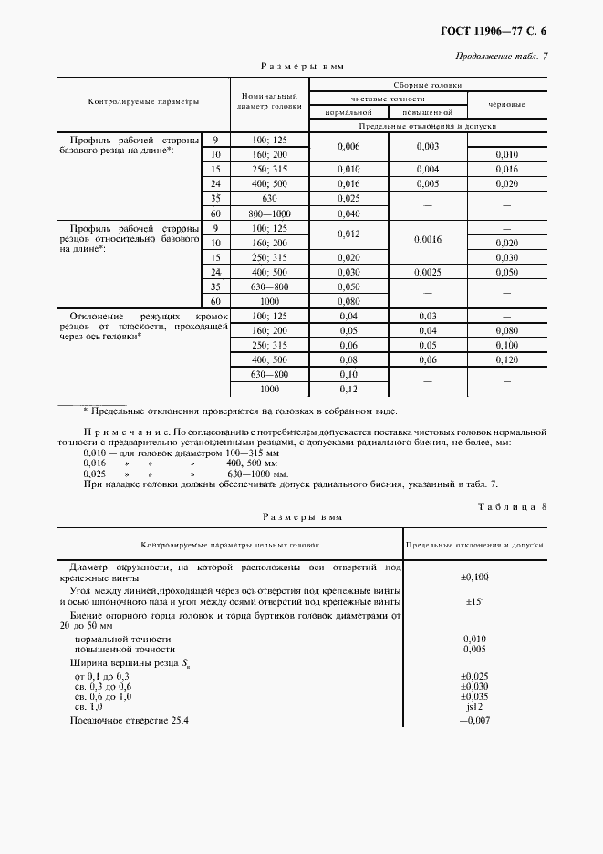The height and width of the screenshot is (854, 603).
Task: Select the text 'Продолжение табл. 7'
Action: tap(504, 57)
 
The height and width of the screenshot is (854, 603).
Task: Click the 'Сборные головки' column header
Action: tap(428, 84)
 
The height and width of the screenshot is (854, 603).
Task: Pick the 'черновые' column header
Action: tap(506, 104)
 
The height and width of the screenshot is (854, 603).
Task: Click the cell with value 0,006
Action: tap(349, 147)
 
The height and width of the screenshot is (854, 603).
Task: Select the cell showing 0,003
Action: tap(428, 147)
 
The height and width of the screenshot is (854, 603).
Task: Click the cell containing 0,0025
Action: tap(428, 272)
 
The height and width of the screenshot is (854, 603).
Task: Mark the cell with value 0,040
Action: tap(349, 213)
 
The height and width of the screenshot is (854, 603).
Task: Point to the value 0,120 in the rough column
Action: tap(506, 360)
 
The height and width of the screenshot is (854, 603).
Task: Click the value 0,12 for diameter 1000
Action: tap(349, 391)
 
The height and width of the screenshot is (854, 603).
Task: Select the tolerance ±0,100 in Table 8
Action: tap(474, 577)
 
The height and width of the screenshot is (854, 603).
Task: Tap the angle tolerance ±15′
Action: tap(474, 601)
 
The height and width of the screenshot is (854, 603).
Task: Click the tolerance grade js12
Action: tap(474, 706)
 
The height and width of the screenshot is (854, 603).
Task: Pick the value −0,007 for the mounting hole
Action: tap(474, 721)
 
